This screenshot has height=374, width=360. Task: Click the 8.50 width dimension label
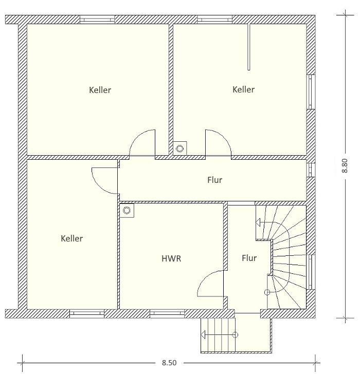(169, 363)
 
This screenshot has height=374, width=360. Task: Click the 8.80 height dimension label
(345, 165)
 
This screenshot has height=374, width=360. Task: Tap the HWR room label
(171, 258)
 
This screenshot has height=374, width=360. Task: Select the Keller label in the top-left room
(100, 90)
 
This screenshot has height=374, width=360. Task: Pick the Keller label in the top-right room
(243, 89)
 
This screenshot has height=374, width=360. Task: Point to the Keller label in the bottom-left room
(72, 238)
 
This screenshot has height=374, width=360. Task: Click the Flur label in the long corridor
(215, 180)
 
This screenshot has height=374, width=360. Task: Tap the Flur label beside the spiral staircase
(249, 258)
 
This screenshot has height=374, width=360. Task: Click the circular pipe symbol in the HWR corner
(127, 211)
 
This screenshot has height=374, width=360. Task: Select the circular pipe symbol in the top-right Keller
(180, 148)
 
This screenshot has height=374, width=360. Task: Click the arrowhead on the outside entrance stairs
(203, 334)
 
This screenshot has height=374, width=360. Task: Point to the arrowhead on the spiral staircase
(258, 223)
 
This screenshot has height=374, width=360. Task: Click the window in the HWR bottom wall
(167, 313)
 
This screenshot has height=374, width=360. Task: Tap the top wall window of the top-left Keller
(97, 20)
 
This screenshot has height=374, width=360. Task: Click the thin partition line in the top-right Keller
(249, 47)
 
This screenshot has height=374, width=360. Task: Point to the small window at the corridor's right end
(311, 170)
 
